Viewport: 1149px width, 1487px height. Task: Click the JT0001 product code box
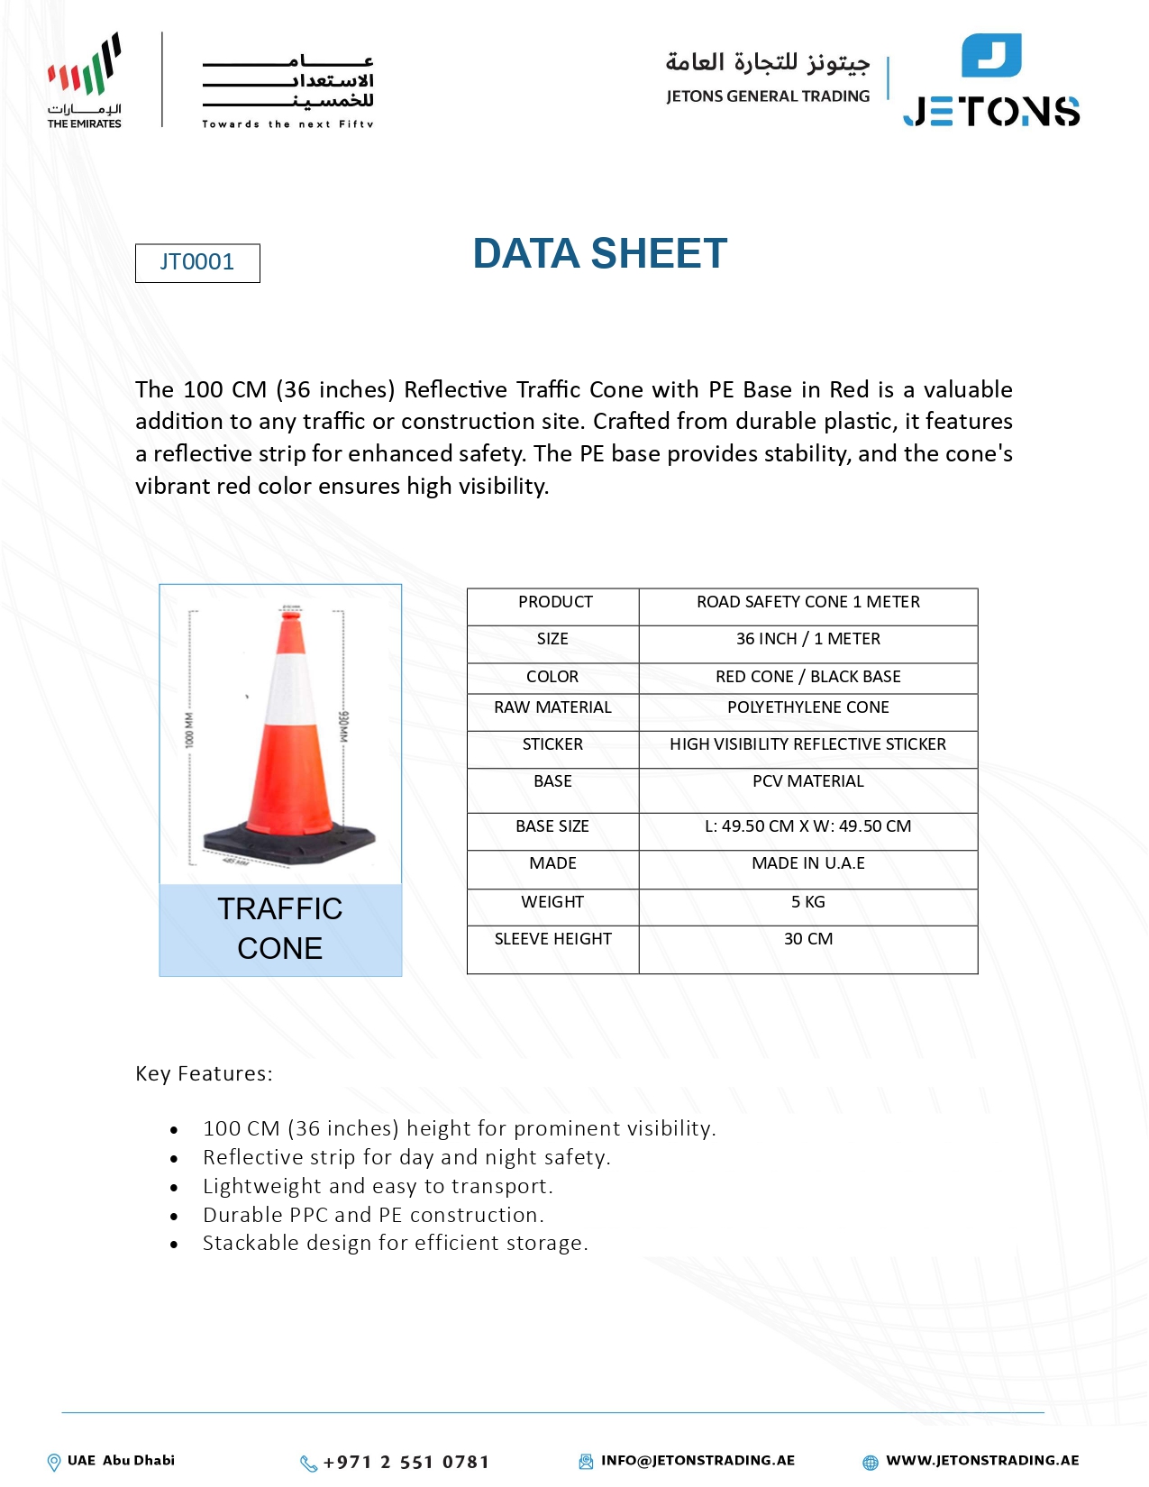pyautogui.click(x=197, y=263)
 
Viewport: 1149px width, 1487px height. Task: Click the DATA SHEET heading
pyautogui.click(x=599, y=254)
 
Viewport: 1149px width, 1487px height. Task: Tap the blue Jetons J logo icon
pyautogui.click(x=991, y=56)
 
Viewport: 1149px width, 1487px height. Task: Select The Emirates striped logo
pyautogui.click(x=86, y=68)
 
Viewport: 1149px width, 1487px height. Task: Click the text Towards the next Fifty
pyautogui.click(x=287, y=124)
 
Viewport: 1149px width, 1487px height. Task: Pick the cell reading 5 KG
pyautogui.click(x=807, y=902)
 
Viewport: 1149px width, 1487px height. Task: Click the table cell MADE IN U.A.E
pyautogui.click(x=807, y=863)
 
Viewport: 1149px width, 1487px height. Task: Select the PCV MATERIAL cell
pyautogui.click(x=807, y=781)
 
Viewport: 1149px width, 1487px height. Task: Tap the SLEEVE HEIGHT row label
pyautogui.click(x=552, y=939)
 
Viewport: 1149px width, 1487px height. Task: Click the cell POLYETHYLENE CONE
pyautogui.click(x=807, y=707)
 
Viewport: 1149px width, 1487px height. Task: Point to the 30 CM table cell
pyautogui.click(x=807, y=939)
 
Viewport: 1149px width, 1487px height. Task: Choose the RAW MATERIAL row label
pyautogui.click(x=552, y=707)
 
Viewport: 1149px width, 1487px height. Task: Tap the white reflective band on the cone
pyautogui.click(x=290, y=689)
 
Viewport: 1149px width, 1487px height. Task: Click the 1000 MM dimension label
pyautogui.click(x=189, y=730)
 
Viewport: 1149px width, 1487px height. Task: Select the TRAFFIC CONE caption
pyautogui.click(x=280, y=928)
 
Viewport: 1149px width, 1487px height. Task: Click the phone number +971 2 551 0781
pyautogui.click(x=406, y=1462)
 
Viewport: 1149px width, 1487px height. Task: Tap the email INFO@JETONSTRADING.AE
pyautogui.click(x=698, y=1460)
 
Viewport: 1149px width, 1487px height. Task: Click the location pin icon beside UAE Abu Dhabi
pyautogui.click(x=54, y=1462)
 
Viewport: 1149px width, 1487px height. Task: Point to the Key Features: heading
pyautogui.click(x=204, y=1073)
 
